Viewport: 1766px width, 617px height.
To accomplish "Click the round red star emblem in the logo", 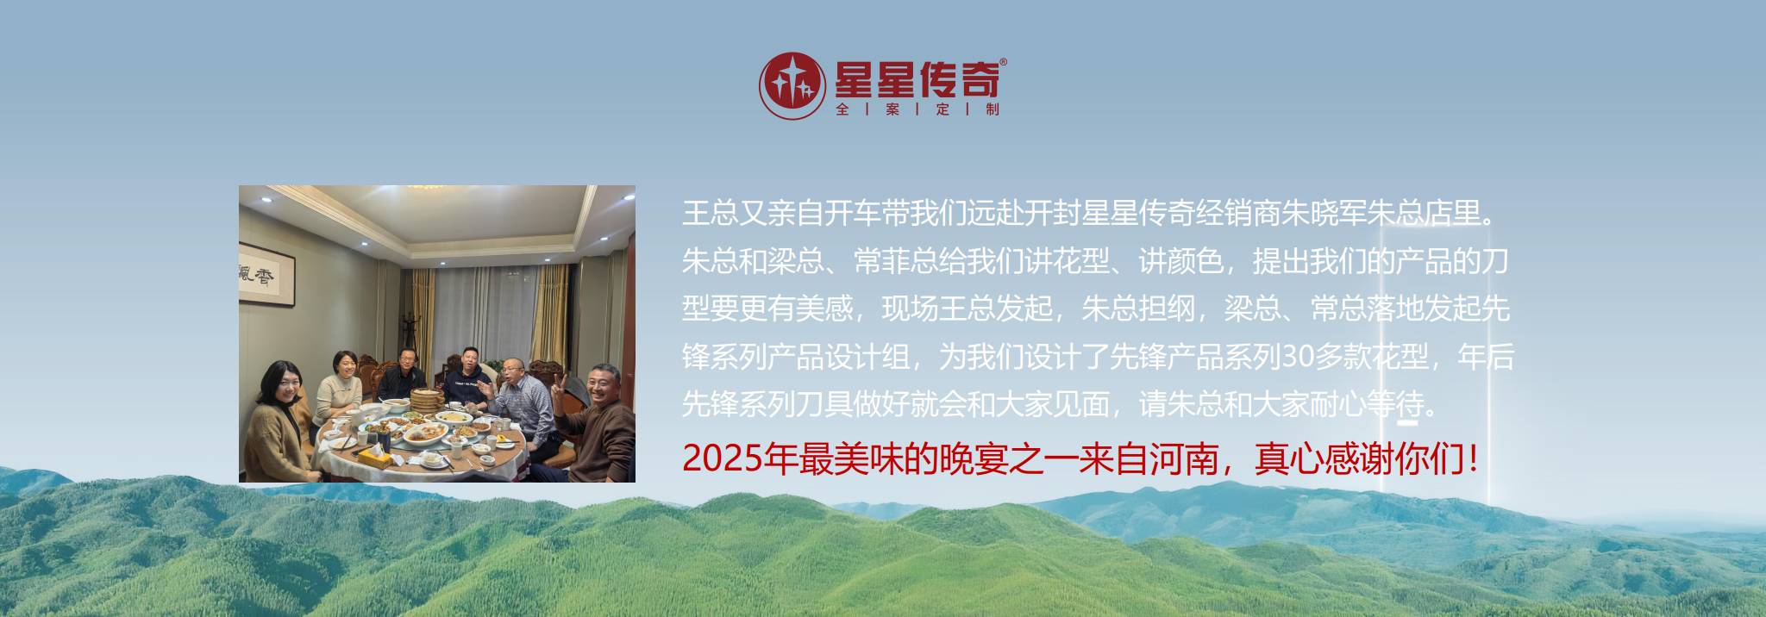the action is click(791, 85).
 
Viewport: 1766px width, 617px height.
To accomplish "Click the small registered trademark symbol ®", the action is click(1002, 63).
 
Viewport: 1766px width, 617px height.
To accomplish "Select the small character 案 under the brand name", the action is click(892, 109).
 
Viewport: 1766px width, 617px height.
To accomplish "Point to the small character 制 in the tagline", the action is click(992, 109).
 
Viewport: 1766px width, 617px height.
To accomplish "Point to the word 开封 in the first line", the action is click(1052, 214).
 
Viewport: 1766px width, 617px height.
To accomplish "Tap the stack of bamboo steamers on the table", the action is click(424, 400).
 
